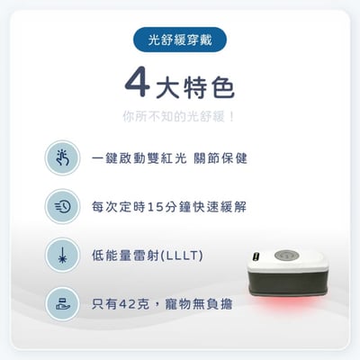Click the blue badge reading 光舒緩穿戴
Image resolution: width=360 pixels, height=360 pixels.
(179, 40)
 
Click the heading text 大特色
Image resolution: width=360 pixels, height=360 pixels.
(194, 85)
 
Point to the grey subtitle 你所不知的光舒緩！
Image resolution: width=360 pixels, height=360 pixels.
(179, 116)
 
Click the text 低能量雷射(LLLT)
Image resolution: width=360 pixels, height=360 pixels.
(147, 255)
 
